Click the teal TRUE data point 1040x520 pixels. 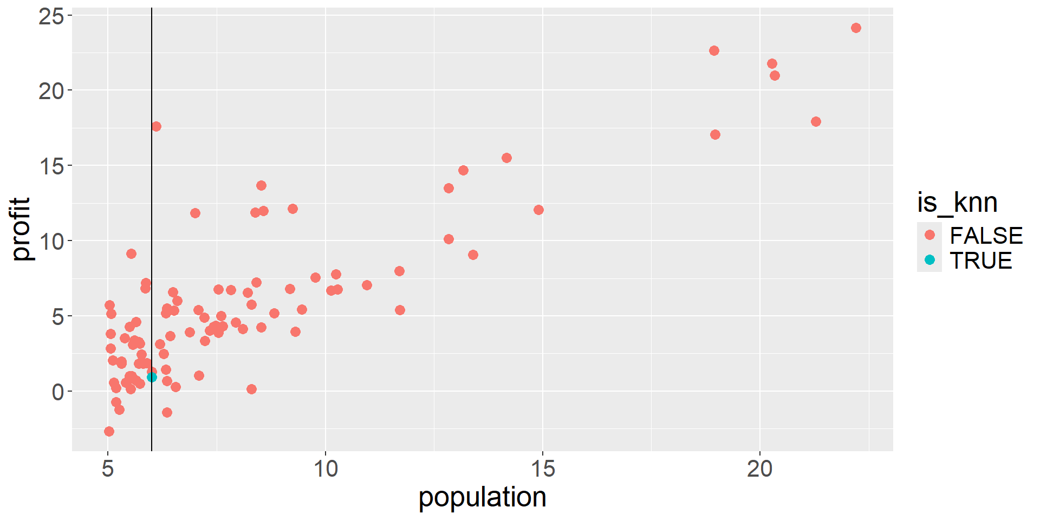pos(152,377)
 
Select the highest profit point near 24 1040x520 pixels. pos(856,28)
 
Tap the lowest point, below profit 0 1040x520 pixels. pos(109,431)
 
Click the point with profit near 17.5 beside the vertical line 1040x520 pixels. pos(156,126)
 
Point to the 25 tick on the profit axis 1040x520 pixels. pos(51,16)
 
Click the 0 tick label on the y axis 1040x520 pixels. pos(58,392)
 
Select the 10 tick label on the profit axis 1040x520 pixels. pos(51,241)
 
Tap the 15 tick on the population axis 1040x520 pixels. pos(543,469)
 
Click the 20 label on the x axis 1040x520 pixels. pos(759,469)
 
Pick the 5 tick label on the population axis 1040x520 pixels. pos(108,469)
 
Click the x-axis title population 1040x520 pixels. pos(482,497)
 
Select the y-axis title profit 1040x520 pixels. pos(22,229)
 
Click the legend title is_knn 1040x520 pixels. pos(957,203)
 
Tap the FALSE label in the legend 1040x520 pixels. pos(986,236)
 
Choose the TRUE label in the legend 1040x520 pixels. pos(980,261)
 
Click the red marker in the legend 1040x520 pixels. pos(929,235)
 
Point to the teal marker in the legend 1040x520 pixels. pos(929,260)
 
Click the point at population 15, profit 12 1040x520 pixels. pos(538,210)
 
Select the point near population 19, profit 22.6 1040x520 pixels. pos(714,50)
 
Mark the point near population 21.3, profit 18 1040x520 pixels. pos(816,121)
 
